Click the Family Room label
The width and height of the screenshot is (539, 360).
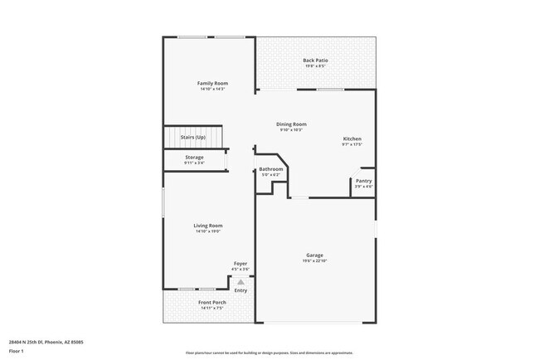pyautogui.click(x=212, y=83)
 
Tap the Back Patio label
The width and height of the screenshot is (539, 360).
pyautogui.click(x=314, y=61)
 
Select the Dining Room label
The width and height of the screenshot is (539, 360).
pyautogui.click(x=291, y=124)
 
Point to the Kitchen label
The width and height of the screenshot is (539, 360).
pyautogui.click(x=352, y=139)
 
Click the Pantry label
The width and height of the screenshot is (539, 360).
pyautogui.click(x=363, y=181)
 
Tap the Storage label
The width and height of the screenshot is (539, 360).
pyautogui.click(x=194, y=157)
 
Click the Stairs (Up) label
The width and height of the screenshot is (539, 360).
pyautogui.click(x=192, y=136)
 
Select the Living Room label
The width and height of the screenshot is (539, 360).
pyautogui.click(x=208, y=225)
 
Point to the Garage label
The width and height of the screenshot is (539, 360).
pyautogui.click(x=314, y=255)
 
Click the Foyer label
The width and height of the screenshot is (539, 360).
pyautogui.click(x=240, y=263)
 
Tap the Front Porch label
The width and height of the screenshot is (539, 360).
pyautogui.click(x=212, y=302)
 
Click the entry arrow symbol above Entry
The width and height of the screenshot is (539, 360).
pyautogui.click(x=241, y=282)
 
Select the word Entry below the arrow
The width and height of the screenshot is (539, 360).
pyautogui.click(x=240, y=290)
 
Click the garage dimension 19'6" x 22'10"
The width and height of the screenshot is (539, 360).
pyautogui.click(x=314, y=261)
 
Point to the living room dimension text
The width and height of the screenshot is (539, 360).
pyautogui.click(x=208, y=231)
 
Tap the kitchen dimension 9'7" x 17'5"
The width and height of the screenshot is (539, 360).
pyautogui.click(x=352, y=144)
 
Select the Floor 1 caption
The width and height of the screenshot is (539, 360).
pyautogui.click(x=16, y=351)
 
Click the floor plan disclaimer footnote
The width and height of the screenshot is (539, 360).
pyautogui.click(x=269, y=352)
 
